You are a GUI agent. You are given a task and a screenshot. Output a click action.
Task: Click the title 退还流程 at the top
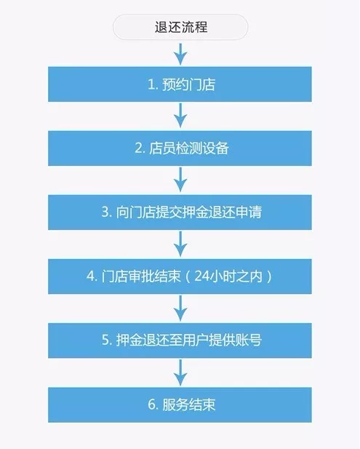pos(180,27)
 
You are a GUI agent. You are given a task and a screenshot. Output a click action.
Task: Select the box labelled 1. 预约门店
pos(180,84)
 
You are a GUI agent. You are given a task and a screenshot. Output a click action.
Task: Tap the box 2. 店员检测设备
pos(180,148)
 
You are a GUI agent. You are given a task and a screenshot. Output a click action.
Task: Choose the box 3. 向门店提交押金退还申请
pos(180,212)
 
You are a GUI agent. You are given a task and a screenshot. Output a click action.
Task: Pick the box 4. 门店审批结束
pos(180,277)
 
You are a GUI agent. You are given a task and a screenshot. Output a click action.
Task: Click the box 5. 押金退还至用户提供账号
pos(180,341)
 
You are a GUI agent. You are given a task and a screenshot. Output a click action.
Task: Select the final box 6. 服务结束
pos(180,405)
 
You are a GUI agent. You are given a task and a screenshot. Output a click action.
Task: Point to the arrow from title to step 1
pos(180,54)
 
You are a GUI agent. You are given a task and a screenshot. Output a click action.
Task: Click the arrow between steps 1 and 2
pos(180,116)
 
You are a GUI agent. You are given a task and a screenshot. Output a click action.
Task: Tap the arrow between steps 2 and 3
pos(180,180)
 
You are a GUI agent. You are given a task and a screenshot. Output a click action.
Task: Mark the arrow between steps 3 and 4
pos(180,244)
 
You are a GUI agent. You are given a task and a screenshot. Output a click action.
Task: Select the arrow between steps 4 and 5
pos(180,308)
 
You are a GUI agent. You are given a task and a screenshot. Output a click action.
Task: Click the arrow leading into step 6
pos(180,372)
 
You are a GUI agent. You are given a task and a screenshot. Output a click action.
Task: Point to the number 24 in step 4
pos(201,277)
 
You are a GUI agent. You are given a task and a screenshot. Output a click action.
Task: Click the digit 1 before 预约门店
pos(151,84)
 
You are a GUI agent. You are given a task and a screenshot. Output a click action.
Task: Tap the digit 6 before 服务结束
pos(151,405)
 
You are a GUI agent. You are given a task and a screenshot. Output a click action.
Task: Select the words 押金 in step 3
pos(196,212)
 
